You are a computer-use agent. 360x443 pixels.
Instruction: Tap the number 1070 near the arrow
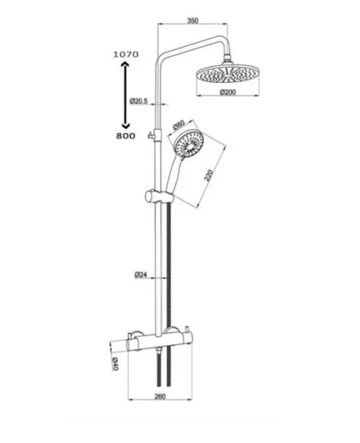(x=125, y=53)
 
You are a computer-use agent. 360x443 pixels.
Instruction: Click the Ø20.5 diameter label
(x=139, y=101)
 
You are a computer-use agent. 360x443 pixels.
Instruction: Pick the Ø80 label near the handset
(x=179, y=126)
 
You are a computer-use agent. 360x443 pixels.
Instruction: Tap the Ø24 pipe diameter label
(x=141, y=275)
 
